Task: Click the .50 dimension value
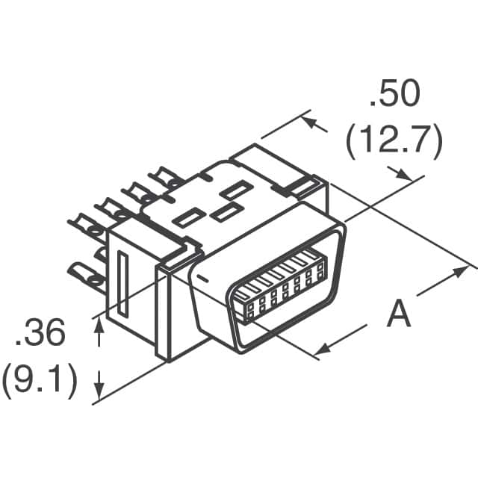(x=394, y=96)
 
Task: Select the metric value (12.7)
(x=394, y=140)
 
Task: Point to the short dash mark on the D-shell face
(x=201, y=278)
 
